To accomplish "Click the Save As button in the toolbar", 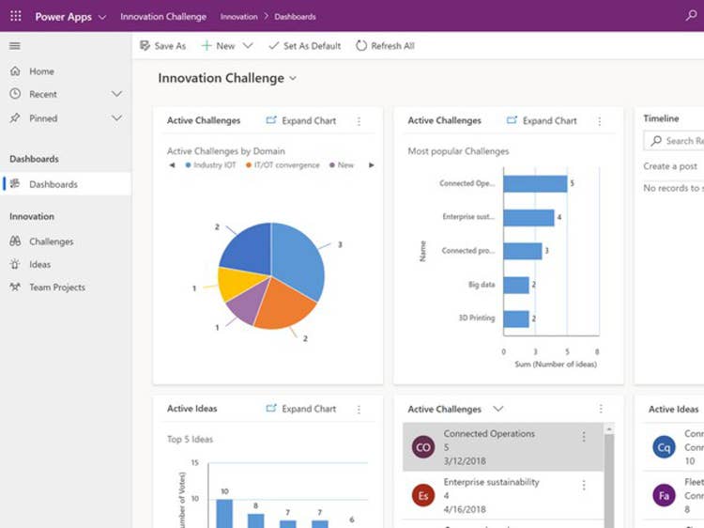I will (162, 46).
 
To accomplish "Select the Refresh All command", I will (385, 46).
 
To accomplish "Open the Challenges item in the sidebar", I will (51, 241).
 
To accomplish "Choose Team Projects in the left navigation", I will (56, 287).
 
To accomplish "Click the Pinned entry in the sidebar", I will (43, 118).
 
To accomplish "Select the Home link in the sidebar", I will (41, 71).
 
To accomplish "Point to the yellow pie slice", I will (235, 284).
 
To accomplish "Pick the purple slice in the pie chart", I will (242, 310).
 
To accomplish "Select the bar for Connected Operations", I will (535, 183).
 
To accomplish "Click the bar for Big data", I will (516, 285).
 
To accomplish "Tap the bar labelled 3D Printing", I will (516, 318).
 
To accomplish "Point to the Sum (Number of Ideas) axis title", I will (556, 365).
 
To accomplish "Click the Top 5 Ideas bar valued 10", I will (224, 513).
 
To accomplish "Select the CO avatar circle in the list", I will (423, 448).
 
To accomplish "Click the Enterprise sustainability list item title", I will (491, 482).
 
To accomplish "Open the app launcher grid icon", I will (15, 16).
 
